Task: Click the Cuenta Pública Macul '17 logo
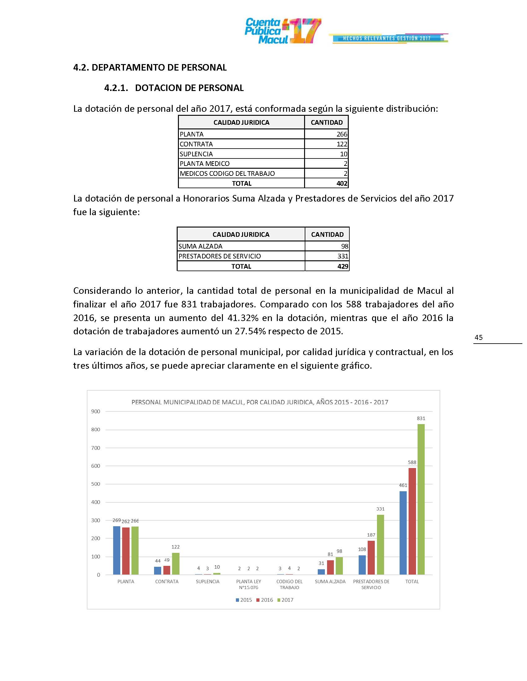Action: [282, 31]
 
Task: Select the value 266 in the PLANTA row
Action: [342, 134]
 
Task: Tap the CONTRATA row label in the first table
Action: [196, 144]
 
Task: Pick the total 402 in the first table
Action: [342, 183]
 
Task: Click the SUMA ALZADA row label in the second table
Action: [201, 246]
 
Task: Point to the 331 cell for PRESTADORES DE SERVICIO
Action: [343, 256]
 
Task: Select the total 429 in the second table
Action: [343, 266]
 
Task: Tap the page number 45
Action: [478, 337]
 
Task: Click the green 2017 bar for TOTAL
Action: [421, 499]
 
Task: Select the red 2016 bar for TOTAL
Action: [412, 521]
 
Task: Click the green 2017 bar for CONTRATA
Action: [176, 563]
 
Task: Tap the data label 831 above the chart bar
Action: [421, 419]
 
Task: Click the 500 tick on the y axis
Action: [95, 484]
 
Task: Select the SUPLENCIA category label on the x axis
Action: [207, 582]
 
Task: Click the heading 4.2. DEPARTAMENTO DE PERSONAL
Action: [150, 67]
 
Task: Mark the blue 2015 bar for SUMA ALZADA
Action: [321, 571]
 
